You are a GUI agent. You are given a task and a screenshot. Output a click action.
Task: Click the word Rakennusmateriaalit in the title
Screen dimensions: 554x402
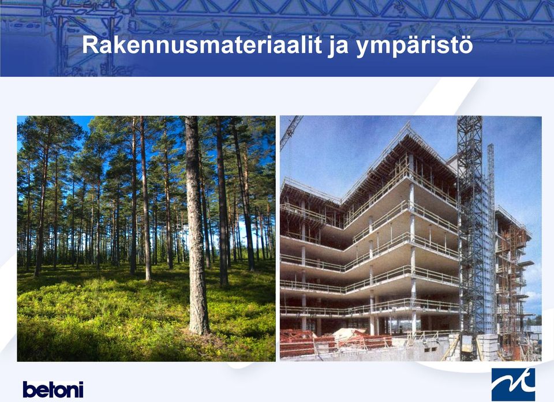pyautogui.click(x=202, y=45)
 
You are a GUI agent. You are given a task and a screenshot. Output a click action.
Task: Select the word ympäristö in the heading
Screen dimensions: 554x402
pyautogui.click(x=414, y=47)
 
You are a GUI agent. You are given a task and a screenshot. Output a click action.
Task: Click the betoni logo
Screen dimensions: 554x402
pyautogui.click(x=53, y=389)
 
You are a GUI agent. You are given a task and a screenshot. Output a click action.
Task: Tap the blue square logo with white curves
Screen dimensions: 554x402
pyautogui.click(x=513, y=384)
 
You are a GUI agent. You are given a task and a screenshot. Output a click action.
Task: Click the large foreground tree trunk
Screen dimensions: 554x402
pyautogui.click(x=196, y=226)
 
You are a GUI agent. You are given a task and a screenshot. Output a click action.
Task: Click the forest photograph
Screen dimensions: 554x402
pyautogui.click(x=146, y=238)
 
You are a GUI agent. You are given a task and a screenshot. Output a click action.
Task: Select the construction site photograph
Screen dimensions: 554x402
pyautogui.click(x=410, y=238)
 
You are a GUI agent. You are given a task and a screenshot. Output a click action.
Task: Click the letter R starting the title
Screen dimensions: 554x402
pyautogui.click(x=90, y=45)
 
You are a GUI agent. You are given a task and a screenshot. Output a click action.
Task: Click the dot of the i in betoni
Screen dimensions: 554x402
pyautogui.click(x=81, y=382)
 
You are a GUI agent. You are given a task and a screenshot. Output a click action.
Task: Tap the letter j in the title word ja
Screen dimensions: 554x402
pyautogui.click(x=332, y=47)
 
